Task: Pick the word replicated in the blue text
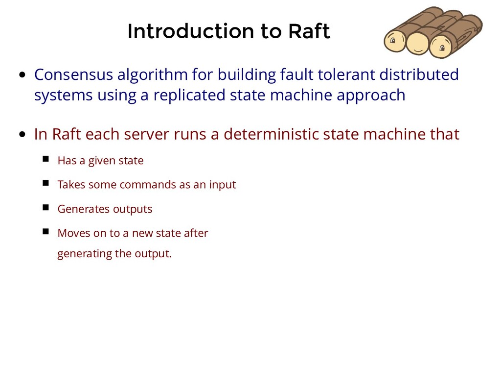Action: [189, 95]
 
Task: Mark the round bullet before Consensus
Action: [23, 76]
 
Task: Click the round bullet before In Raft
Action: [23, 135]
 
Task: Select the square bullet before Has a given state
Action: [46, 159]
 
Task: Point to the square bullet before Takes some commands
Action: [46, 183]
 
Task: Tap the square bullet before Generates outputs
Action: [46, 207]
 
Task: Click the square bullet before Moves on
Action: [46, 231]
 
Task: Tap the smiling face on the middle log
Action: [417, 44]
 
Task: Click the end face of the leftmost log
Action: [395, 41]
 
